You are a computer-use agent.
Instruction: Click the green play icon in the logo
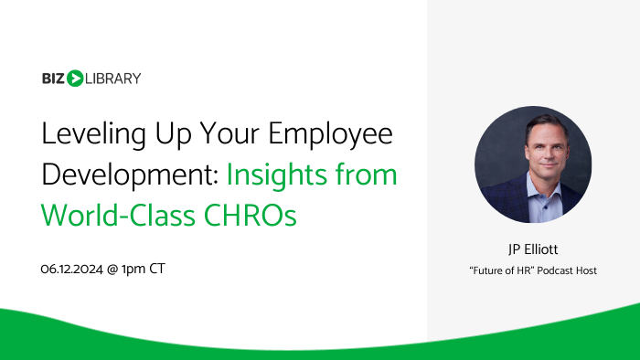pos(75,78)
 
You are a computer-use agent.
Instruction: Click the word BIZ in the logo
pos(53,78)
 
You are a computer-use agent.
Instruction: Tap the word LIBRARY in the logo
pos(113,78)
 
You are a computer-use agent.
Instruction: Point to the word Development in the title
pos(114,174)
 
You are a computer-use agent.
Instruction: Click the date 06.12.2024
pos(75,269)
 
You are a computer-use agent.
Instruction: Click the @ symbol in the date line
pos(120,269)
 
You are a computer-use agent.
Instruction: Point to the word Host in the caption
pos(586,270)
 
